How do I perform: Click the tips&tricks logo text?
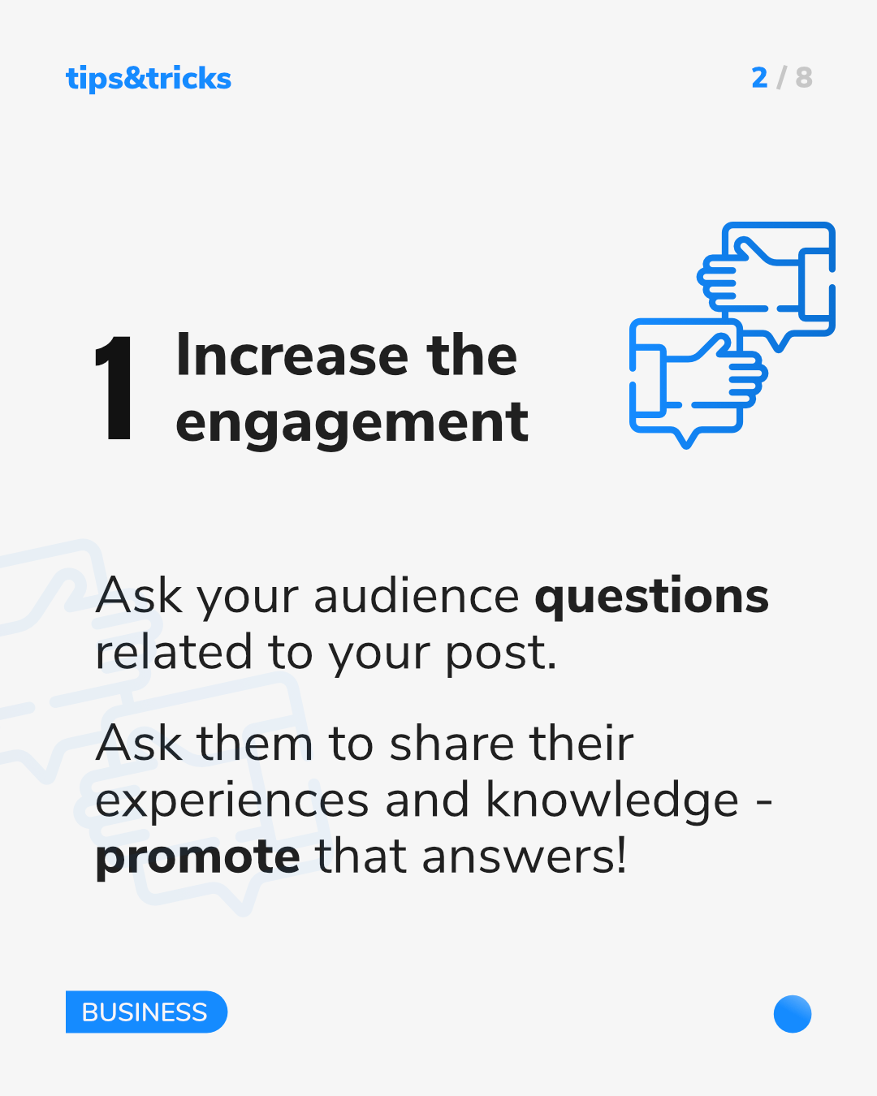149,79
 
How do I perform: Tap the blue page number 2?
759,78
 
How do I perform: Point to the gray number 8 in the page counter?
804,78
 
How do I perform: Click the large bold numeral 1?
114,387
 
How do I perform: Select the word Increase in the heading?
292,355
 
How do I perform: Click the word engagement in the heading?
352,424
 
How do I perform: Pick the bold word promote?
197,858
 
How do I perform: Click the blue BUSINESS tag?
146,1012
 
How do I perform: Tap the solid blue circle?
793,1014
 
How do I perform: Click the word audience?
417,596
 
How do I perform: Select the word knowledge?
612,801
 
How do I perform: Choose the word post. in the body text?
501,654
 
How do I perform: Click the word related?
174,651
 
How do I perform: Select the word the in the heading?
472,355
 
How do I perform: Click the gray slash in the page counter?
781,78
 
